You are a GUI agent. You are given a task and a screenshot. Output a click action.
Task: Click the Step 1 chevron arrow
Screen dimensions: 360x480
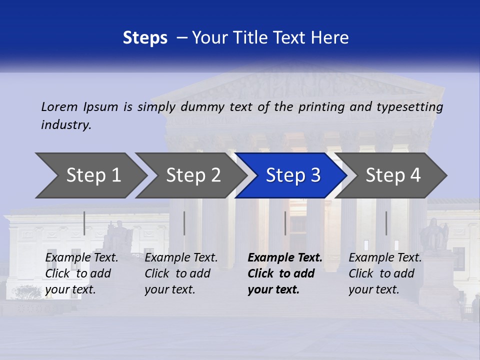pyautogui.click(x=92, y=175)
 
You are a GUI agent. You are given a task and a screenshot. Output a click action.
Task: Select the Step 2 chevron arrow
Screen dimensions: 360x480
pyautogui.click(x=192, y=175)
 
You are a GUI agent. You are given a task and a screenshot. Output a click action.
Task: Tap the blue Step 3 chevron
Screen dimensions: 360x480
pyautogui.click(x=292, y=175)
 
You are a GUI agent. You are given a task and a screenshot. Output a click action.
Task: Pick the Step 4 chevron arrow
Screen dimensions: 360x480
pyautogui.click(x=392, y=175)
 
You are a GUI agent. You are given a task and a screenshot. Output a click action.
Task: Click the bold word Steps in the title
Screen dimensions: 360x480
pyautogui.click(x=145, y=38)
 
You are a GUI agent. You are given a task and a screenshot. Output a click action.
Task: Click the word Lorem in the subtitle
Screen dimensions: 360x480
pyautogui.click(x=59, y=107)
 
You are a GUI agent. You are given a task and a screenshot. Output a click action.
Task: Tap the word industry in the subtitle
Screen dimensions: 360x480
pyautogui.click(x=66, y=125)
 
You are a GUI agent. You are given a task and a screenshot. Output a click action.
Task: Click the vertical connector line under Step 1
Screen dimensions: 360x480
pyautogui.click(x=84, y=223)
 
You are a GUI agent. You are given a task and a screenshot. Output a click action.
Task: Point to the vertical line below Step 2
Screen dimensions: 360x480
pyautogui.click(x=184, y=223)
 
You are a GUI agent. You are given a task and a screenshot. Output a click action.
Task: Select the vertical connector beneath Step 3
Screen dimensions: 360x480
pyautogui.click(x=285, y=223)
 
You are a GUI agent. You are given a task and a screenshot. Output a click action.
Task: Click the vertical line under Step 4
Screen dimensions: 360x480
pyautogui.click(x=386, y=223)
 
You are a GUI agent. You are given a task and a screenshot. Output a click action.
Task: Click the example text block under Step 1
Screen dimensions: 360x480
pyautogui.click(x=81, y=273)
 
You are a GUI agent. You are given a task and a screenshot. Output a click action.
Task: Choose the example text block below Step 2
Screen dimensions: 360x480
pyautogui.click(x=181, y=273)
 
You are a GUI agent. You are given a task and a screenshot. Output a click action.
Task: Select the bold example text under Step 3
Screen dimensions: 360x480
pyautogui.click(x=285, y=273)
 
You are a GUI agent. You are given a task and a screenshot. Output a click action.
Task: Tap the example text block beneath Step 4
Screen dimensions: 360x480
pyautogui.click(x=385, y=273)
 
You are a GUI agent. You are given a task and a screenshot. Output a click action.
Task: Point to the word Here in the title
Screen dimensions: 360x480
pyautogui.click(x=332, y=38)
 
